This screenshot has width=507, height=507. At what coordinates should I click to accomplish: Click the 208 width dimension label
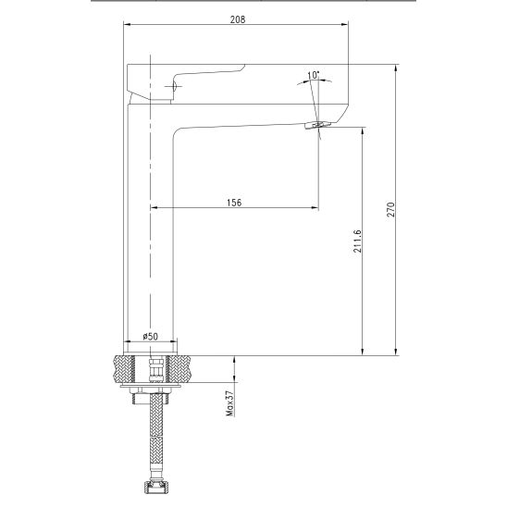tap(238, 19)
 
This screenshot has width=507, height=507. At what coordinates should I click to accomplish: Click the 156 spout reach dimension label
tap(234, 203)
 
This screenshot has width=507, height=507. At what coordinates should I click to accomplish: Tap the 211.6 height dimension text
tap(357, 241)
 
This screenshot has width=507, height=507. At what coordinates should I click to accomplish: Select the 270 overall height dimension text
tap(390, 209)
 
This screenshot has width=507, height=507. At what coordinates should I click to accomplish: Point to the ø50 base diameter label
tap(151, 336)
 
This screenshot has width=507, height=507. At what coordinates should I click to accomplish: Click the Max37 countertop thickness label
tap(229, 403)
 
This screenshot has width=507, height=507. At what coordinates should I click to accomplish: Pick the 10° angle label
tap(313, 75)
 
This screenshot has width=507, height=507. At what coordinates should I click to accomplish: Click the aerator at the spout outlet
tap(318, 126)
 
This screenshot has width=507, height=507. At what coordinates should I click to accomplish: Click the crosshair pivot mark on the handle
tap(173, 86)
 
